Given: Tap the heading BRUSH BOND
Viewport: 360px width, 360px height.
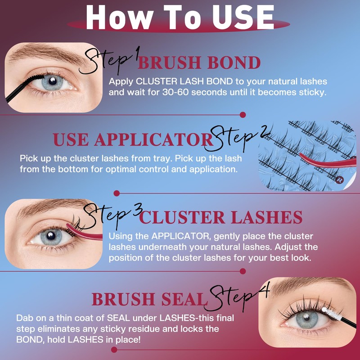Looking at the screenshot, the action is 199,63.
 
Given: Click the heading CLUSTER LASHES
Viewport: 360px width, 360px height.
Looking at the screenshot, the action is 220,217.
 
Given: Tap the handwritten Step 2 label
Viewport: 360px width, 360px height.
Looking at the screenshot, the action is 237,138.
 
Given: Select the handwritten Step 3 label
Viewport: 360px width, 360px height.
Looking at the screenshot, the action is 112,216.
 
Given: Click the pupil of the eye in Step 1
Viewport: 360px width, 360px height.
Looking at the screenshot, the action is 53,81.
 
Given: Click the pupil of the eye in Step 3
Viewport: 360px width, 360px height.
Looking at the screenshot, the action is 51,235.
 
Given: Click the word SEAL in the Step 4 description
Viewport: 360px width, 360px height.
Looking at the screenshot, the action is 118,318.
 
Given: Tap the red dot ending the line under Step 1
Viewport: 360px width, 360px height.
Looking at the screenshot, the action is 243,115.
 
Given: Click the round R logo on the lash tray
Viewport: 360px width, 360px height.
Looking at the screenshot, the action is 339,180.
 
